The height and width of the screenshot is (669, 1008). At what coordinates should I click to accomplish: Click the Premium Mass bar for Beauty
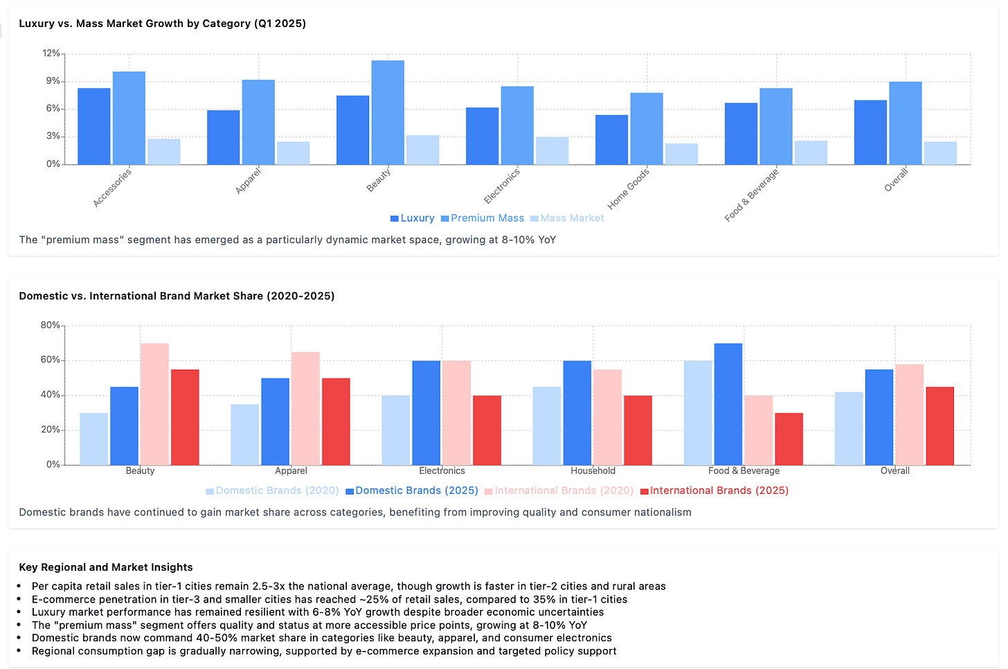388,113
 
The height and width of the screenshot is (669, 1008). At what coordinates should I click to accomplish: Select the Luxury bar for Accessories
93,127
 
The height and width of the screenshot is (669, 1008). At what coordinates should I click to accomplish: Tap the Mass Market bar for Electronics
552,151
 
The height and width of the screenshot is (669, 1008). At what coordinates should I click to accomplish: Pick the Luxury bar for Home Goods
611,140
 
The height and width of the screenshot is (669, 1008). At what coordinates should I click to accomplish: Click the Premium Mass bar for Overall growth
905,123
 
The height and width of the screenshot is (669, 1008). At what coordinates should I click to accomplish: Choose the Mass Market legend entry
567,218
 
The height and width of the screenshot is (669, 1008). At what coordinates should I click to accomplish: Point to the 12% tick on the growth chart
51,53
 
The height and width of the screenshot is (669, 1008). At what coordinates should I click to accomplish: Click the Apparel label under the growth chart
249,181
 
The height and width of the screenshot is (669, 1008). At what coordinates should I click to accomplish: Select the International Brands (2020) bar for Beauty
154,404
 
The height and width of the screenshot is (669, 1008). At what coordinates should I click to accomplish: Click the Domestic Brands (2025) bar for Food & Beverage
728,404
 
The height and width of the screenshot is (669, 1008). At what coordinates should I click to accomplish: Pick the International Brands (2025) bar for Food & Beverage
789,439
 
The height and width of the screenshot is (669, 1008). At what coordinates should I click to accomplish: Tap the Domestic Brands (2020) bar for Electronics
395,430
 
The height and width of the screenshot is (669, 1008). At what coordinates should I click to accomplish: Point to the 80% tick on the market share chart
50,325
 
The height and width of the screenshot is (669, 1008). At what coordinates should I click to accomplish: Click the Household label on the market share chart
593,471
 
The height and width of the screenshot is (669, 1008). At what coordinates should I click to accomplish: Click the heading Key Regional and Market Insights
106,567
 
